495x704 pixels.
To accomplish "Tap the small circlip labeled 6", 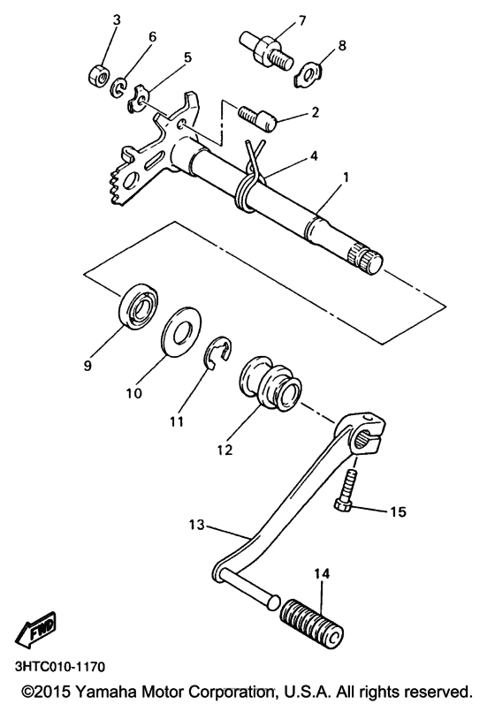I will [119, 87].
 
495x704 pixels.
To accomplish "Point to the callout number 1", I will [346, 177].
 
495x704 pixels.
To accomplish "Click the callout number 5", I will [187, 57].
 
